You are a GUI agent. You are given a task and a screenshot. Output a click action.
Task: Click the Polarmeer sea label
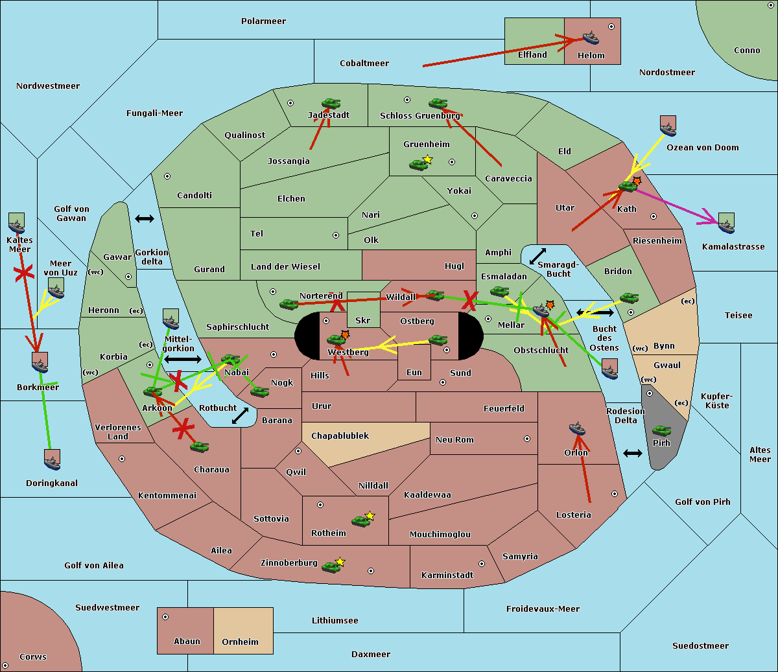tap(263, 21)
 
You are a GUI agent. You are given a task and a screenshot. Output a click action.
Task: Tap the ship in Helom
tap(591, 38)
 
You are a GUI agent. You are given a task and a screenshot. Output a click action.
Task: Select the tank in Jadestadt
tap(331, 104)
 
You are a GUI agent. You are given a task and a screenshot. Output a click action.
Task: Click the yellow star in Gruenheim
tap(427, 159)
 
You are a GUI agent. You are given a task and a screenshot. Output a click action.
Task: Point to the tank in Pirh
tap(661, 431)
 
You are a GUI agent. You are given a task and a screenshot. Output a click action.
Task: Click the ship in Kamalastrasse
tap(726, 224)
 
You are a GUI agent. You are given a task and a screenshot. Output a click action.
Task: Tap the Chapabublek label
tap(340, 436)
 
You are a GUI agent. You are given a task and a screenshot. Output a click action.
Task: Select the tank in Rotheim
tap(360, 521)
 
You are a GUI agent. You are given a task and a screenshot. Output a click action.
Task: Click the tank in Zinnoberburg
tap(331, 568)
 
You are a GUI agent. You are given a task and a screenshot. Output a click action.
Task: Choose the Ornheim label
tap(240, 642)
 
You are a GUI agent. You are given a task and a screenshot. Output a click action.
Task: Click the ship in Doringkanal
tap(53, 460)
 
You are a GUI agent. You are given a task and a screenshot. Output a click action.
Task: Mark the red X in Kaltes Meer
tap(24, 274)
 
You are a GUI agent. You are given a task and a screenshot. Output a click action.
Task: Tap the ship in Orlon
tap(577, 429)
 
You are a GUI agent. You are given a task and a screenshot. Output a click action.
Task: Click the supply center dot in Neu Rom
tap(527, 439)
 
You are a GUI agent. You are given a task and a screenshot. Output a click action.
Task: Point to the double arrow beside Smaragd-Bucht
tap(537, 257)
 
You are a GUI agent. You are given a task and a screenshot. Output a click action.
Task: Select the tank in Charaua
tap(199, 446)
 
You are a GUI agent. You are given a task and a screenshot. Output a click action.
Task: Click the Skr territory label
tap(363, 321)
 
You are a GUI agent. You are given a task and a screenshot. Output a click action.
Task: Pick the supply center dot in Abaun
tap(165, 617)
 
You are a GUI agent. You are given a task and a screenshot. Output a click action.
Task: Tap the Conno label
tap(747, 51)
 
